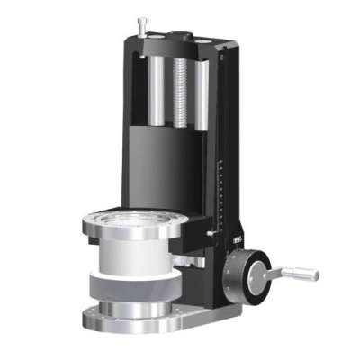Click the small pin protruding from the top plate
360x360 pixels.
coord(141,25)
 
